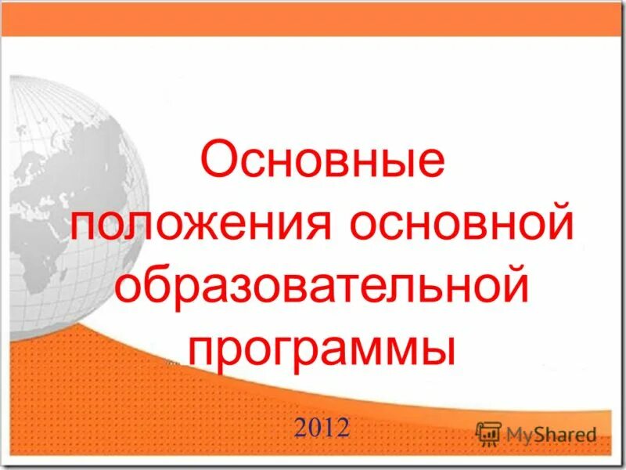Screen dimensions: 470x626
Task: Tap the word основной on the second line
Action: click(x=461, y=226)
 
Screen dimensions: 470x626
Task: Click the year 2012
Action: click(x=322, y=427)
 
